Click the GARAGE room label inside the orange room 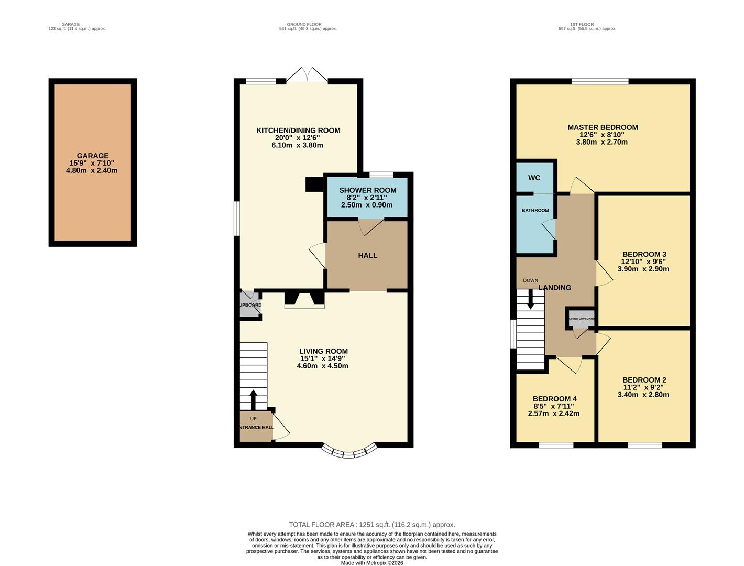click(92, 156)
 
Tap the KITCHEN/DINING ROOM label click(298, 130)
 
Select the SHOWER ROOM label click(367, 190)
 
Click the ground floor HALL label click(367, 255)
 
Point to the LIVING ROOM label click(323, 351)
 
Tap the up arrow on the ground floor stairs click(253, 399)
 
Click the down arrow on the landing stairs click(530, 300)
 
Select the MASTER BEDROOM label click(603, 127)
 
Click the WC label click(534, 178)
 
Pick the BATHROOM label click(535, 211)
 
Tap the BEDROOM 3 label click(643, 254)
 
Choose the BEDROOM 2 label click(644, 380)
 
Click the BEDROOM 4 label click(554, 399)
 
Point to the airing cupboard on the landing click(581, 319)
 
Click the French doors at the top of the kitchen click(307, 75)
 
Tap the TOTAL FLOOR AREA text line click(372, 524)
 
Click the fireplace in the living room click(304, 300)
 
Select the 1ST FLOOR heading click(587, 24)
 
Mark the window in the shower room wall click(381, 175)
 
